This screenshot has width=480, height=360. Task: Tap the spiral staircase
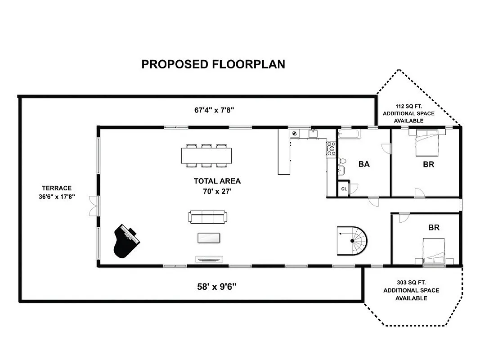[x=352, y=241]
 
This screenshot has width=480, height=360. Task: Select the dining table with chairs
[x=206, y=156]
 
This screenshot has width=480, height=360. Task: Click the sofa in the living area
[x=207, y=217]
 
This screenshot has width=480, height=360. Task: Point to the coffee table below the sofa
[x=209, y=238]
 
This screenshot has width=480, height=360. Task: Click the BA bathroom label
[x=364, y=164]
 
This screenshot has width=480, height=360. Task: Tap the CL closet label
[x=344, y=189]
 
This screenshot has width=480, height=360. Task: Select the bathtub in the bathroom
[x=349, y=134]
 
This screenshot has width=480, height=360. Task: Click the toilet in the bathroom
[x=342, y=161]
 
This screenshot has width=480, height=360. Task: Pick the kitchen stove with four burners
[x=331, y=148]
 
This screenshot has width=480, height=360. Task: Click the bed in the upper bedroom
[x=427, y=142]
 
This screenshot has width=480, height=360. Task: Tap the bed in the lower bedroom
[x=434, y=252]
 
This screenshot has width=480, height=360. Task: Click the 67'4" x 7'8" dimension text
[x=214, y=110]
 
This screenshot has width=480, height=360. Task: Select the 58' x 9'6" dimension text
[x=217, y=287]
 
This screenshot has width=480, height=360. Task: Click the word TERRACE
[x=57, y=188]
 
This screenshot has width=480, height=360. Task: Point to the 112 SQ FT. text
[x=408, y=106]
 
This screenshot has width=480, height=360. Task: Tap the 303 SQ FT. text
[x=411, y=283]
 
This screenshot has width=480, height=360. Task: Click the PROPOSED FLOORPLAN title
[x=213, y=64]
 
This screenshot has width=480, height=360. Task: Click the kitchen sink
[x=313, y=134]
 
